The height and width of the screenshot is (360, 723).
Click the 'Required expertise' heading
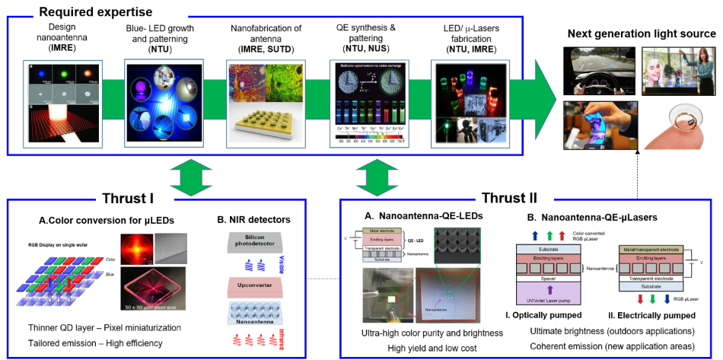(x=95, y=12)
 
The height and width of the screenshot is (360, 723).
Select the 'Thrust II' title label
(x=509, y=199)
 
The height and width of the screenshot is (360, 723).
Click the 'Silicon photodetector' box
(x=256, y=244)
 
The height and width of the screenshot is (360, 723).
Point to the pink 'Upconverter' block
(x=255, y=288)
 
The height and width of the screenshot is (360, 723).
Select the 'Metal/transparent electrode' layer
(x=651, y=249)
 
